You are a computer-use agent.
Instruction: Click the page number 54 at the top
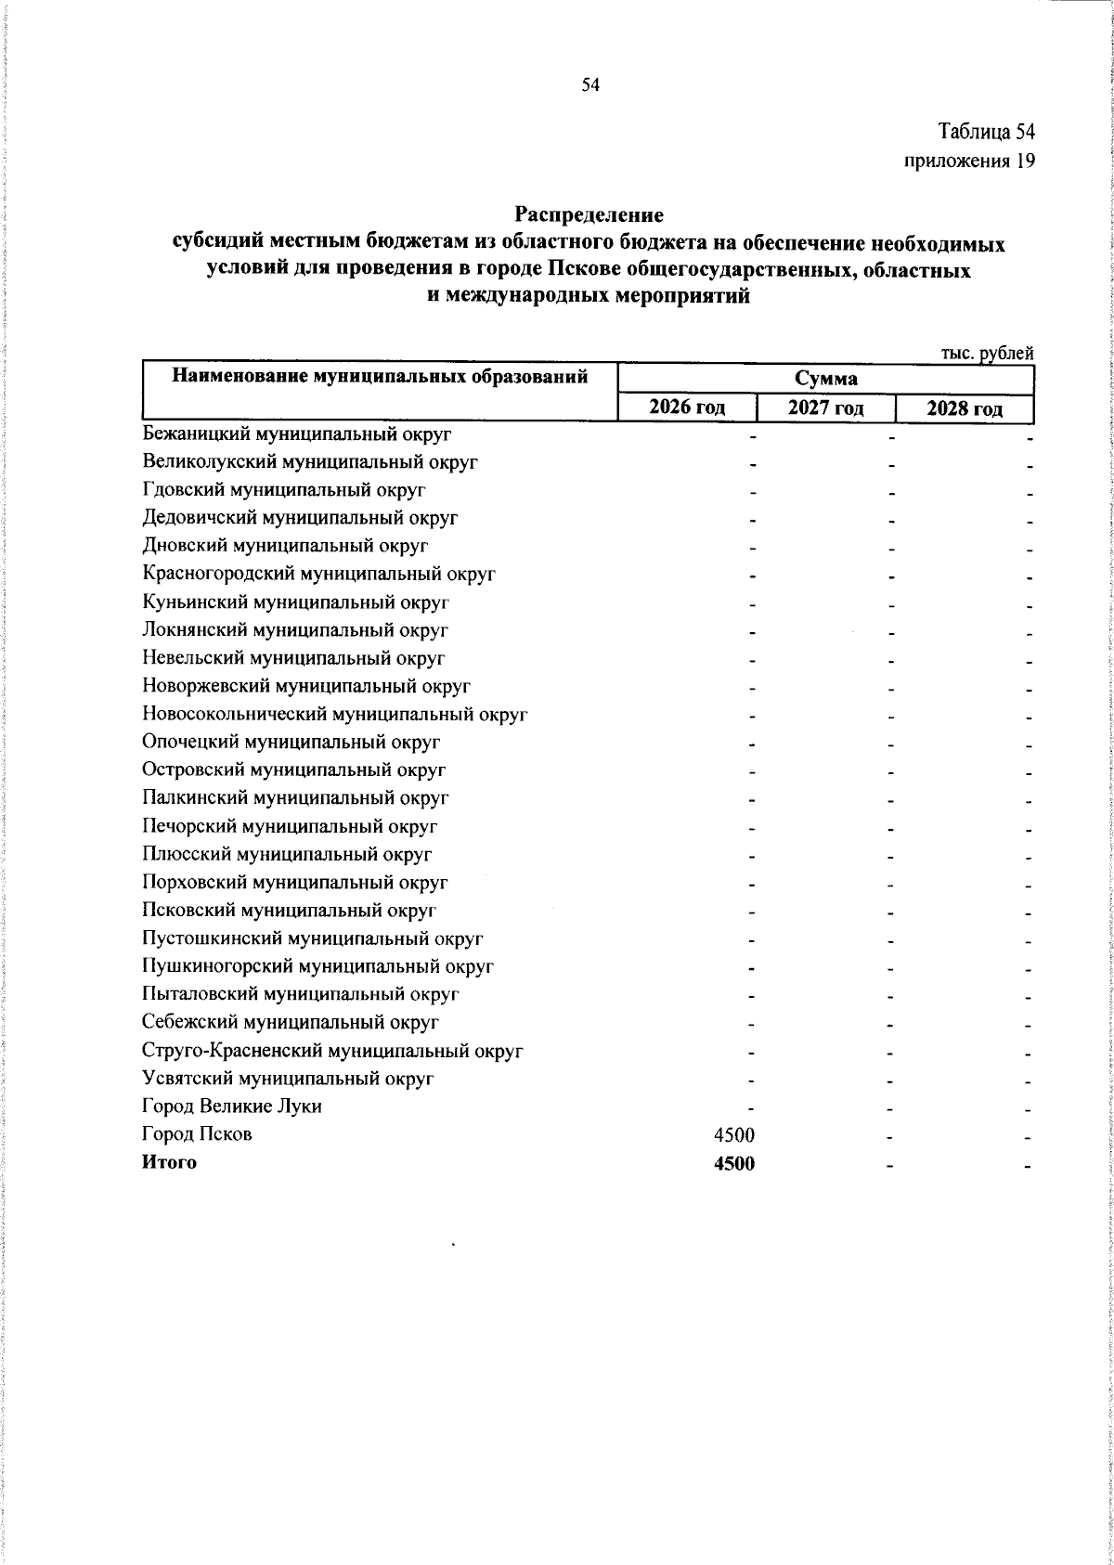(x=591, y=85)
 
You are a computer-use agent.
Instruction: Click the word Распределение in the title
(x=589, y=215)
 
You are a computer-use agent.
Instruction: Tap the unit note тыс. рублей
(x=987, y=353)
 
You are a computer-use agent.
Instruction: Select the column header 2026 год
(x=687, y=407)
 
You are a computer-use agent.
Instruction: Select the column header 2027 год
(x=826, y=407)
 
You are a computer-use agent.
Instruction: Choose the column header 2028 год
(x=965, y=407)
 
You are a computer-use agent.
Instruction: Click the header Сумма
(x=825, y=379)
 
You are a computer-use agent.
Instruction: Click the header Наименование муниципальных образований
(x=381, y=377)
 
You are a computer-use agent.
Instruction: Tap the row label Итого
(x=169, y=1162)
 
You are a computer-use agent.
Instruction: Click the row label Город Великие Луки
(x=232, y=1106)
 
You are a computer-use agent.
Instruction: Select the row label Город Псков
(x=197, y=1134)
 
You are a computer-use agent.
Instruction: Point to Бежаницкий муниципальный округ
(x=297, y=433)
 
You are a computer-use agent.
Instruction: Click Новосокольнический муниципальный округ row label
(x=335, y=715)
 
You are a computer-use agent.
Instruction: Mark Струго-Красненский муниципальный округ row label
(x=333, y=1051)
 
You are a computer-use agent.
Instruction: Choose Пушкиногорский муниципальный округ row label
(x=317, y=966)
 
